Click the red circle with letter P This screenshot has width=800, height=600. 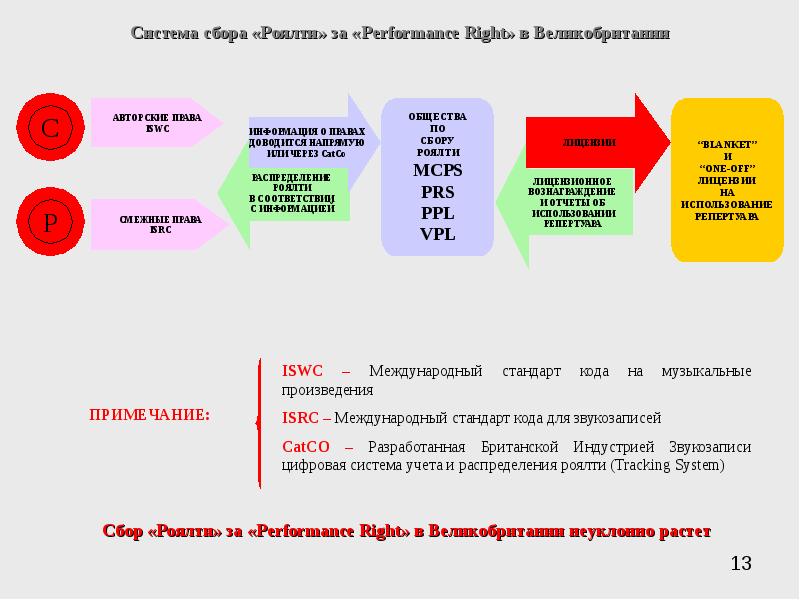tap(49, 222)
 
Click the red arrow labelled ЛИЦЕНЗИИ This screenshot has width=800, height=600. tap(590, 143)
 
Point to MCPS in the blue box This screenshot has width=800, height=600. tap(437, 171)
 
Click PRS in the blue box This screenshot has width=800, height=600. tap(437, 192)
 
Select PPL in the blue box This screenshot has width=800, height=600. tap(437, 213)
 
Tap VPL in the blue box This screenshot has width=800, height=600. tap(437, 234)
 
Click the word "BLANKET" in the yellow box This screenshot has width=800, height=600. tap(727, 144)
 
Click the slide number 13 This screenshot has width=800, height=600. tap(740, 564)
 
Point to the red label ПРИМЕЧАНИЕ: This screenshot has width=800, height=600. tap(150, 414)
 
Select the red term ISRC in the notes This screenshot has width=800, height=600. tap(301, 418)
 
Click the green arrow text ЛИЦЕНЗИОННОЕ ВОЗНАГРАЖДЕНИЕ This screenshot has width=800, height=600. tap(573, 187)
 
